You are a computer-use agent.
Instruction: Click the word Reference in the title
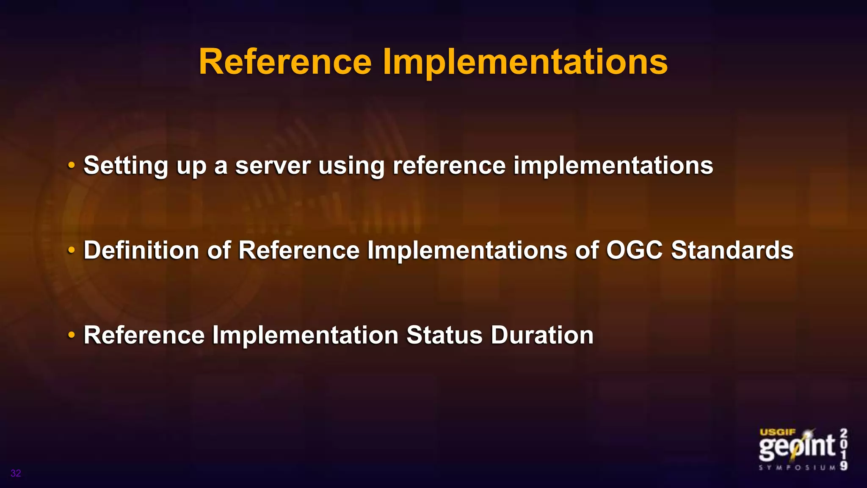tap(285, 62)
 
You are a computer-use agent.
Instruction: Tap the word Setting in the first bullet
tap(126, 166)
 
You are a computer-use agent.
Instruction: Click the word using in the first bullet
tap(351, 166)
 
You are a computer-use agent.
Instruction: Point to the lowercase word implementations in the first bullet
tap(613, 166)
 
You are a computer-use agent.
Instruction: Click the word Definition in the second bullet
tap(141, 250)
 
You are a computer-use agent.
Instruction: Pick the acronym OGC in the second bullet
tap(634, 250)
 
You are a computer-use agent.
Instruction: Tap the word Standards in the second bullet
tap(732, 250)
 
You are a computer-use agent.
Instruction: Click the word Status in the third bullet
tap(444, 335)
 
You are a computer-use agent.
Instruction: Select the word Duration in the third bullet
tap(542, 335)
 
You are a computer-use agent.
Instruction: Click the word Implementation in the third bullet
tap(305, 335)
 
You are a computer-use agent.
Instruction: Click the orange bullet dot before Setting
tap(72, 165)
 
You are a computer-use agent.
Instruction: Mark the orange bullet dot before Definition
tap(72, 250)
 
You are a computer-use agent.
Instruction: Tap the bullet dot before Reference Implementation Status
tap(72, 335)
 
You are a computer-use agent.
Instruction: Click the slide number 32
tap(16, 473)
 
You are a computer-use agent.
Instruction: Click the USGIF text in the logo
tap(777, 432)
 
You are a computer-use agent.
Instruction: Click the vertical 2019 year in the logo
tap(843, 449)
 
